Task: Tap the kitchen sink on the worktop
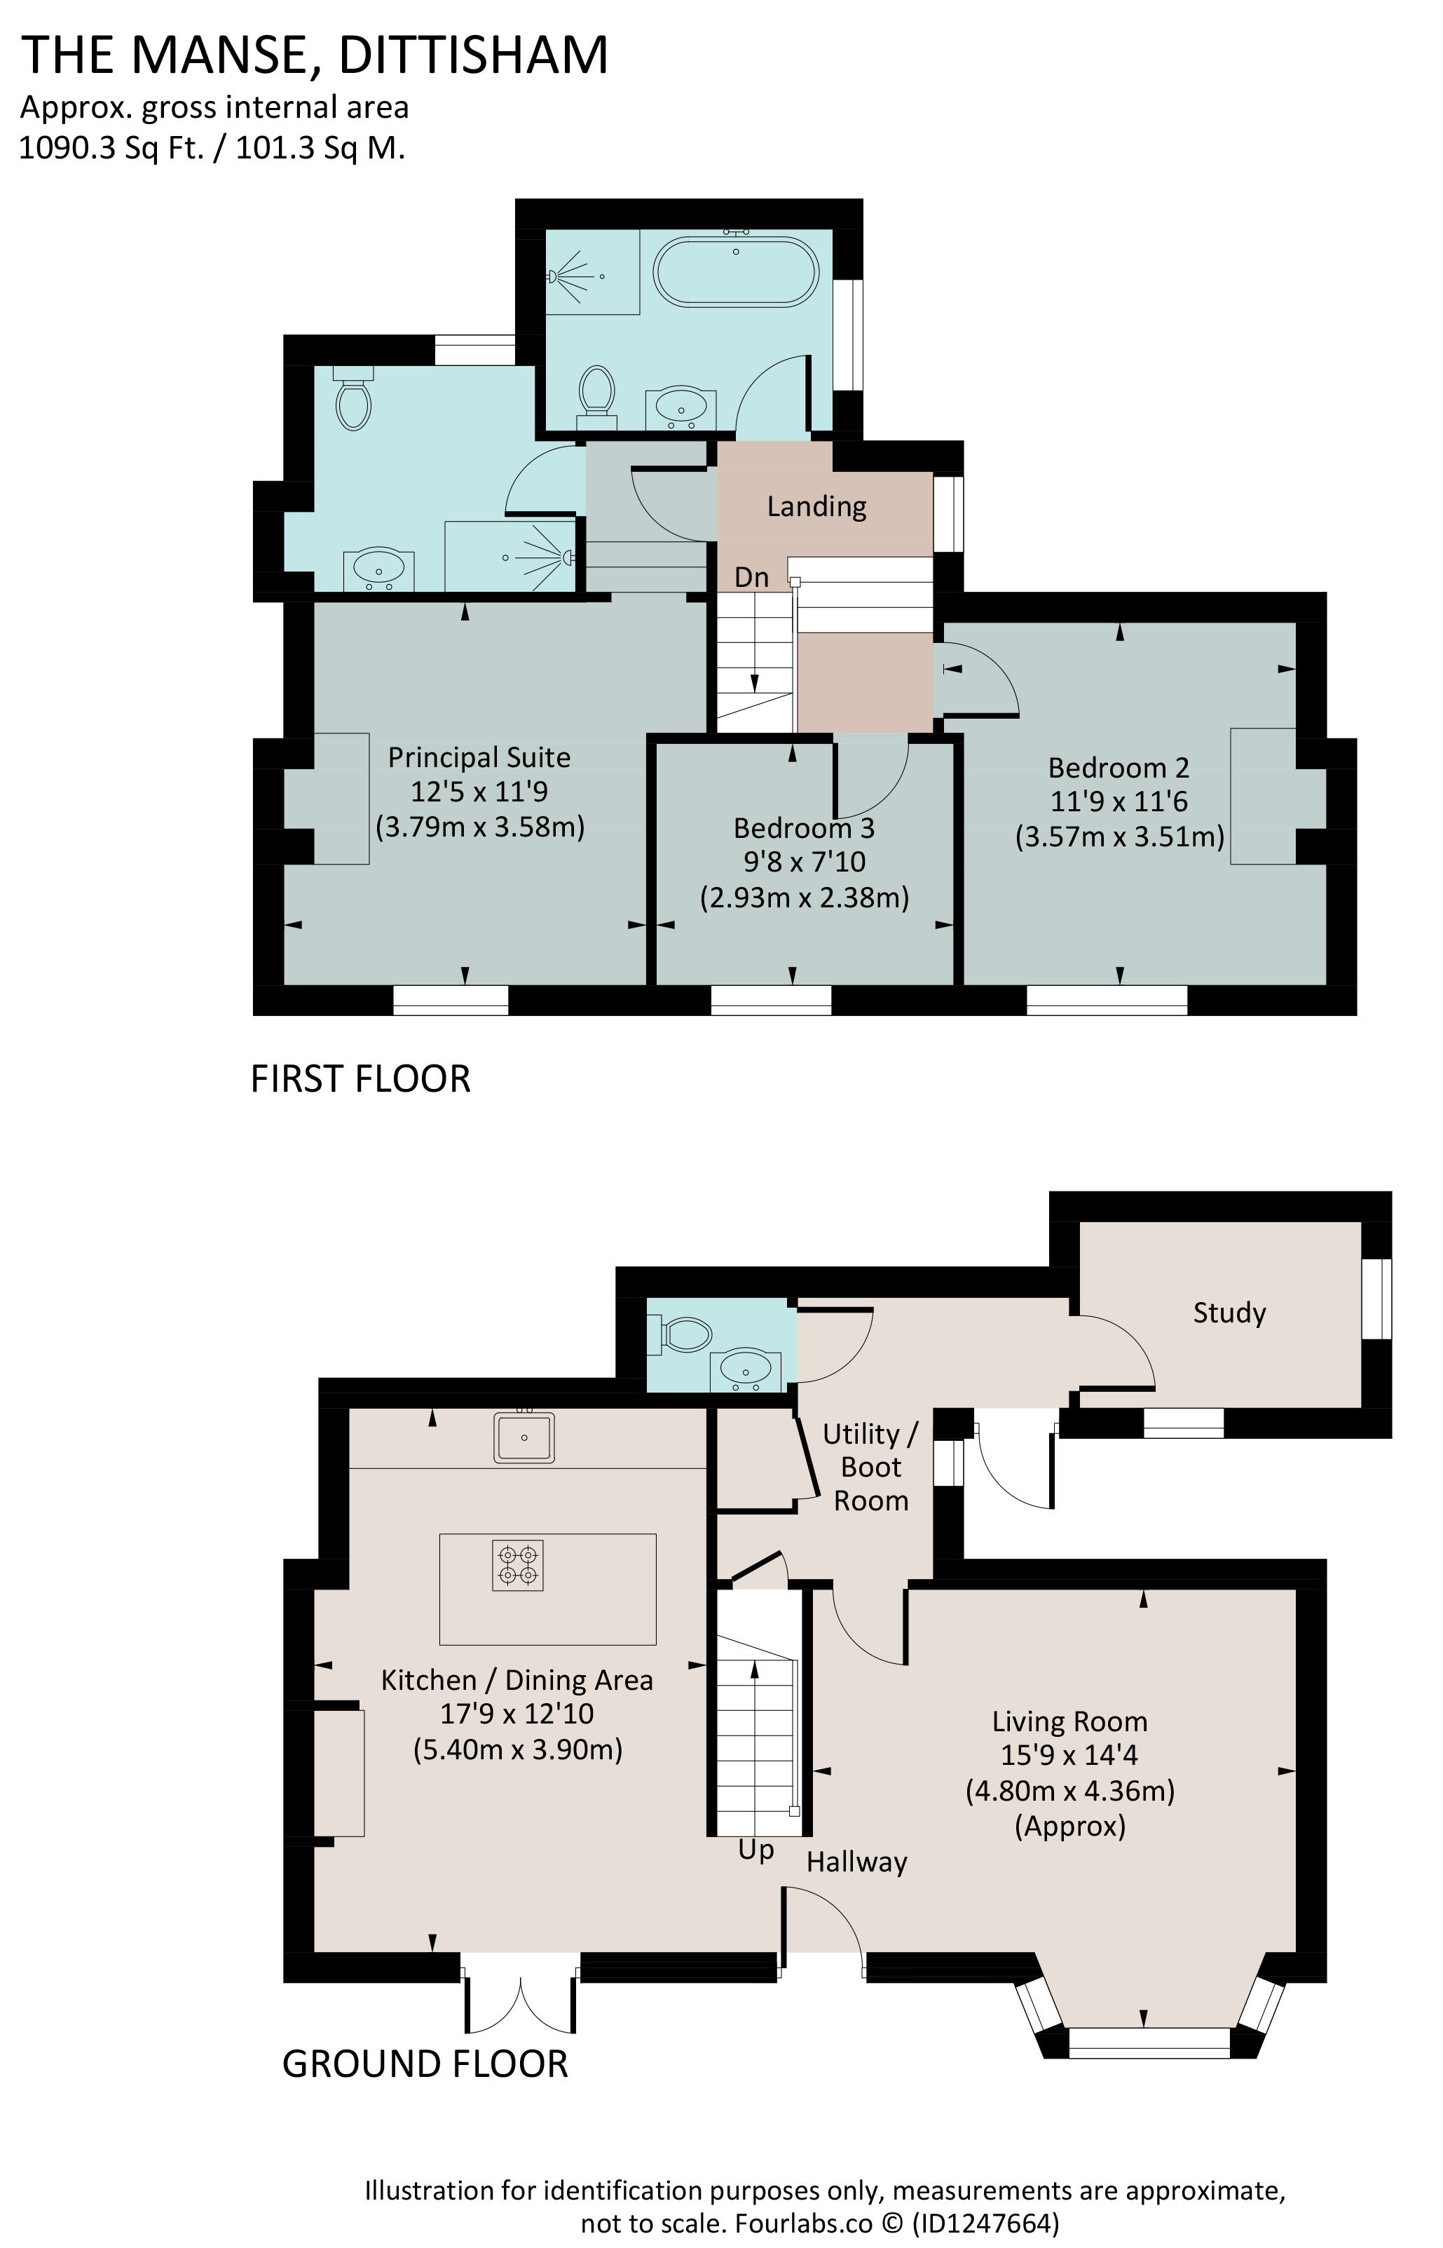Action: pyautogui.click(x=525, y=1437)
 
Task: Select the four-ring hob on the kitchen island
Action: pyautogui.click(x=518, y=1566)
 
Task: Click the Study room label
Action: pyautogui.click(x=1229, y=1313)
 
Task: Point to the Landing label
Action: pyautogui.click(x=816, y=506)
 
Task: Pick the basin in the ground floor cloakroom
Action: pyautogui.click(x=746, y=1372)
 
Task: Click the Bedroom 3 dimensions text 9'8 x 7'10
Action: pyautogui.click(x=804, y=862)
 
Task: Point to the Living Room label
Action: pyautogui.click(x=1070, y=1722)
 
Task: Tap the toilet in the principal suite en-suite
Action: pyautogui.click(x=353, y=400)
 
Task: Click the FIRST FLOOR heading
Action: pyautogui.click(x=361, y=1079)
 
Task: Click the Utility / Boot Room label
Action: pyautogui.click(x=871, y=1467)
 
